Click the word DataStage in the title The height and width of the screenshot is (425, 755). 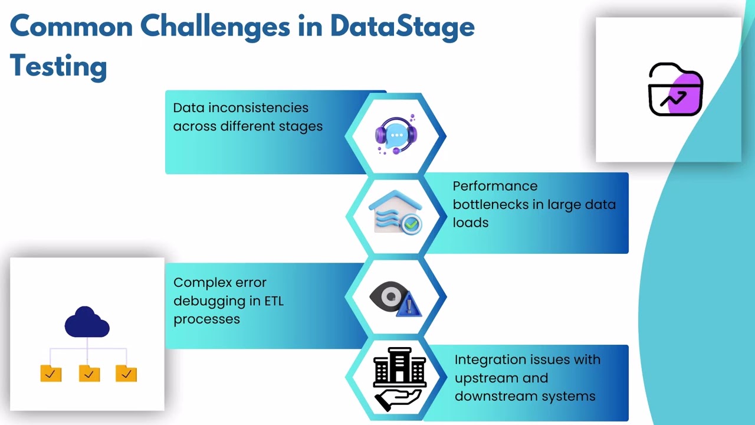pos(402,27)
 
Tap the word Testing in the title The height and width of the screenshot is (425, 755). pos(58,66)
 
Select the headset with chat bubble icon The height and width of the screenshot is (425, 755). pos(396,135)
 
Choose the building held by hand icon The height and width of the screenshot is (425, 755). pos(399,378)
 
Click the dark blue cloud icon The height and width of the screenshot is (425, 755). pos(87,322)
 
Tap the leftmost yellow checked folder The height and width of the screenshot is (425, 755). pos(51,373)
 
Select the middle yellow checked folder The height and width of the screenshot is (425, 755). pos(89,373)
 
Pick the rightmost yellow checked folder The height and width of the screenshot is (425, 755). pos(126,373)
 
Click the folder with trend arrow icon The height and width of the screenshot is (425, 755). pos(675,90)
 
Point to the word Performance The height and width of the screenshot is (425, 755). pos(495,186)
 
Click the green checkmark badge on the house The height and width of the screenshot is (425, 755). pos(411,224)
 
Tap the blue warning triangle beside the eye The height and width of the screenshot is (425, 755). pos(409,306)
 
